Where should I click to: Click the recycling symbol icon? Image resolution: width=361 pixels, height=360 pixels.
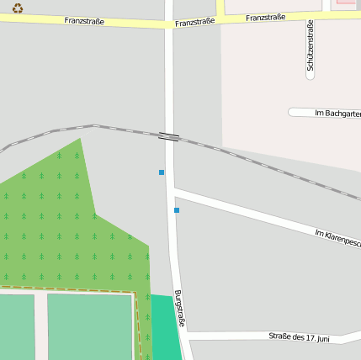click(x=18, y=8)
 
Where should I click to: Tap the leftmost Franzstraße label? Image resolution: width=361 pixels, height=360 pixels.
click(x=84, y=20)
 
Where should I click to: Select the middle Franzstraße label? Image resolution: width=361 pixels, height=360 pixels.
click(x=195, y=22)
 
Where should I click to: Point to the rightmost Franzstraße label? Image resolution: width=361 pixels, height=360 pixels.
click(x=265, y=17)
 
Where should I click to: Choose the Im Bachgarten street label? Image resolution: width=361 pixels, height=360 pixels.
click(x=337, y=113)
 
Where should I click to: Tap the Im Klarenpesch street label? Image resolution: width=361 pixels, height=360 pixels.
click(x=337, y=238)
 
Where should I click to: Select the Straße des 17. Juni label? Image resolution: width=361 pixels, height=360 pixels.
click(x=299, y=337)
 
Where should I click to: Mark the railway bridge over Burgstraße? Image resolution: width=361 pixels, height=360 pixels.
click(x=169, y=135)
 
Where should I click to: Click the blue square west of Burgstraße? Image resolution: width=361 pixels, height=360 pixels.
click(x=162, y=172)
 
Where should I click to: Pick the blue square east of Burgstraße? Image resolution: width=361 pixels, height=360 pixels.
click(x=177, y=210)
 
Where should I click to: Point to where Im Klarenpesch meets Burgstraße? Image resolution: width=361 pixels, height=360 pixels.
click(x=173, y=192)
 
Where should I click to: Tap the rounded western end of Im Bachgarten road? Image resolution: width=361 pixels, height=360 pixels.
click(x=292, y=112)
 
